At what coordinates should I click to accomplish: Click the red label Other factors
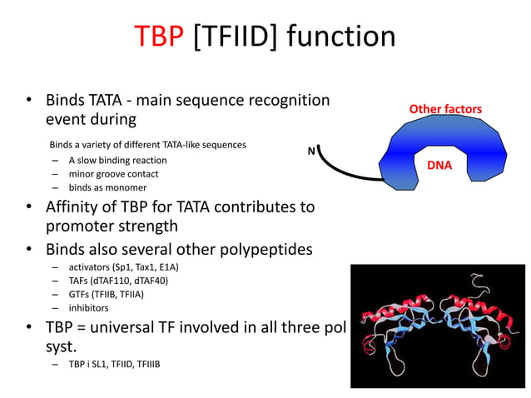pos(445,109)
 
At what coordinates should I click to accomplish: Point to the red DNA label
pos(439,165)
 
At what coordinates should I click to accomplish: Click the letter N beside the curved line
pos(311,151)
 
